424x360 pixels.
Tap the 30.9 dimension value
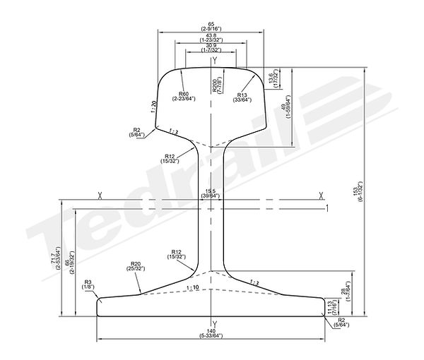[211, 47]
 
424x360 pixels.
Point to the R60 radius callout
[184, 93]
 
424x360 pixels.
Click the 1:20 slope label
[153, 106]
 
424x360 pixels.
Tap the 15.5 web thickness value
[210, 191]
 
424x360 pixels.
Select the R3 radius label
[88, 281]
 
